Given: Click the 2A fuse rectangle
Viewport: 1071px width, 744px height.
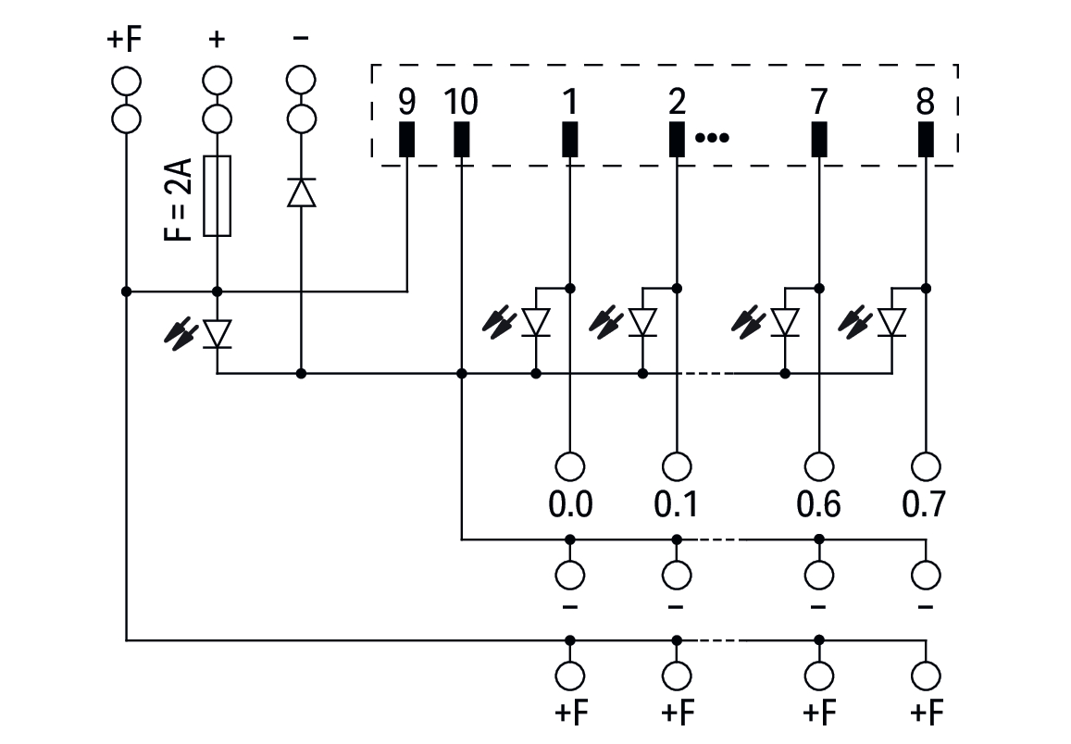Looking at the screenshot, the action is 218,196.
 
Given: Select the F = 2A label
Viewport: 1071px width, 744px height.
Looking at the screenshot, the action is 179,200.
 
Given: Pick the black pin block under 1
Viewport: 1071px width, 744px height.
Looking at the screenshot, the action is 569,139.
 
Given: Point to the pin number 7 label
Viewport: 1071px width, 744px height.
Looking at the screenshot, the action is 819,102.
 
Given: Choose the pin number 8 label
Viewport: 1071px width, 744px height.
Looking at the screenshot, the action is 926,102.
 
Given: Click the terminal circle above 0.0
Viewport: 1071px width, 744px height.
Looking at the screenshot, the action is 569,467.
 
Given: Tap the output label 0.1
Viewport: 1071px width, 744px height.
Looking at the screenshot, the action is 677,504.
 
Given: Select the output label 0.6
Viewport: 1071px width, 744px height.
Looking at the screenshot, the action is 819,504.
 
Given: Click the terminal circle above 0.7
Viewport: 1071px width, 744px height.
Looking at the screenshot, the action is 926,467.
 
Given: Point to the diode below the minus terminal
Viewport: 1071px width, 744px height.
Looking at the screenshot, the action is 301,192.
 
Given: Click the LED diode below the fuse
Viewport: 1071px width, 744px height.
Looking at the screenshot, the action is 218,334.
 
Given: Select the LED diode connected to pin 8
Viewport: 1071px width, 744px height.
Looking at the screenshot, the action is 892,323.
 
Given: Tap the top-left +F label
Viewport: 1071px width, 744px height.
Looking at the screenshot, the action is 124,40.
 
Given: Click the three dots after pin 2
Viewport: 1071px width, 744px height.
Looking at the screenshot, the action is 712,138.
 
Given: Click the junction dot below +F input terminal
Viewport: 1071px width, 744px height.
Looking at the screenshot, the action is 127,291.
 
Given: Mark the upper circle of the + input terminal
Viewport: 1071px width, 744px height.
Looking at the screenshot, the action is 218,81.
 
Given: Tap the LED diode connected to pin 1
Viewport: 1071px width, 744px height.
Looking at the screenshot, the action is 536,323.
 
